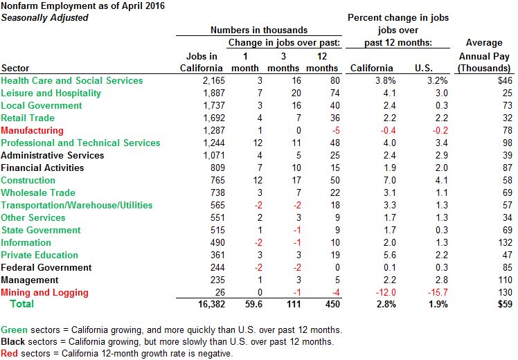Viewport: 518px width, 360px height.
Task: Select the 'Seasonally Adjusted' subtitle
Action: point(45,17)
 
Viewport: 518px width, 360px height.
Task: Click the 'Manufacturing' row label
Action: point(32,131)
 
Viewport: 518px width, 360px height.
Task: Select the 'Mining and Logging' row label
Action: point(43,293)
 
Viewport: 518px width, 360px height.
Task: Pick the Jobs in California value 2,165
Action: point(209,81)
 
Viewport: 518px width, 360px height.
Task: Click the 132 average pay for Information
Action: point(505,243)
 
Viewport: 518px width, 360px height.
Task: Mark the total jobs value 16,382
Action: point(206,305)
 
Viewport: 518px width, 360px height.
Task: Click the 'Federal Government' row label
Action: point(46,268)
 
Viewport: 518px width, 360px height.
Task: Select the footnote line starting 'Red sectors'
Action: point(116,354)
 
